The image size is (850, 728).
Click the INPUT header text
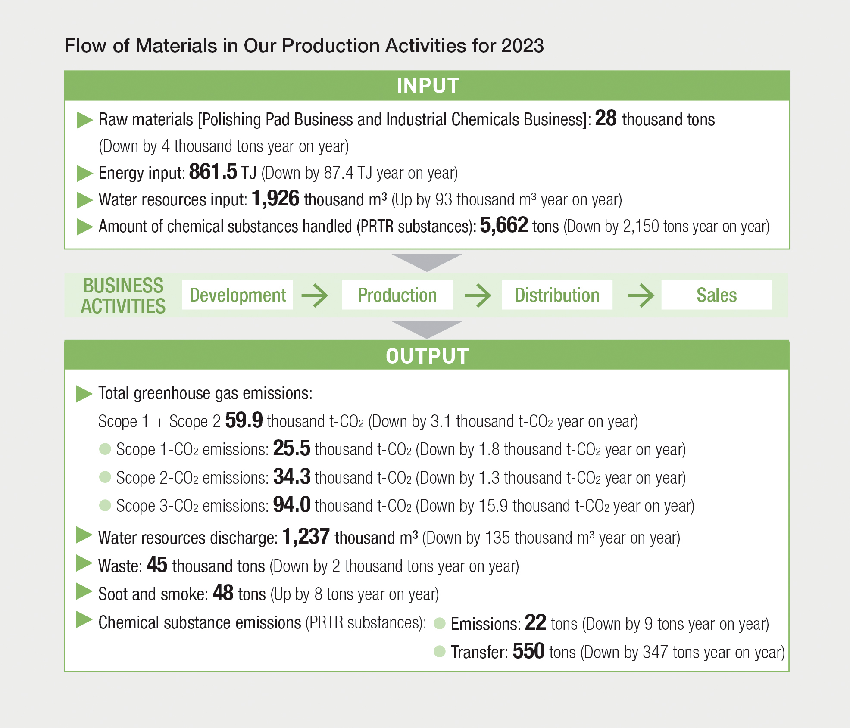[428, 86]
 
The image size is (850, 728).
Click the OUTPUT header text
[427, 356]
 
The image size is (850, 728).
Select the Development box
[237, 295]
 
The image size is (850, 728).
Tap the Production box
[397, 295]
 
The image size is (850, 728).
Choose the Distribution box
[557, 295]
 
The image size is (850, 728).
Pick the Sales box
[717, 295]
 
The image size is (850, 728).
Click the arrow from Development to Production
[315, 295]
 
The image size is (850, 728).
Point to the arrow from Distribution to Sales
[641, 295]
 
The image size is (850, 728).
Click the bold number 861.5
[213, 172]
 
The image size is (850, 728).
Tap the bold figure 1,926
[275, 199]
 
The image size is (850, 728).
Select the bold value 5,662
[504, 225]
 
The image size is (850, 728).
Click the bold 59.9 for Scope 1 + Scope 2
[244, 420]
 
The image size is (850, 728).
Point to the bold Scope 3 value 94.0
[292, 504]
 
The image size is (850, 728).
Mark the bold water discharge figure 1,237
[306, 537]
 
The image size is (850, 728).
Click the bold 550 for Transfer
[529, 651]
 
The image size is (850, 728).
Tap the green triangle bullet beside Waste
[84, 563]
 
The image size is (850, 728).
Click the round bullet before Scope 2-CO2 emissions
[105, 477]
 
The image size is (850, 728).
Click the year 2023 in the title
[522, 46]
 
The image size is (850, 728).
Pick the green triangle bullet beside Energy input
[84, 173]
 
